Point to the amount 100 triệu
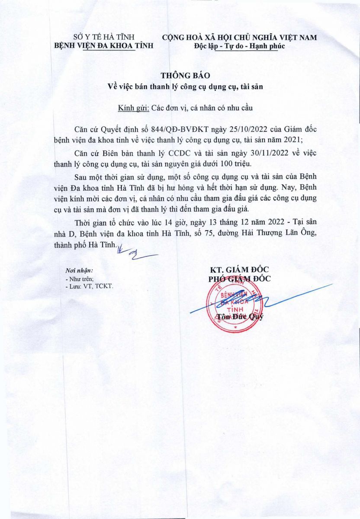[250, 165]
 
